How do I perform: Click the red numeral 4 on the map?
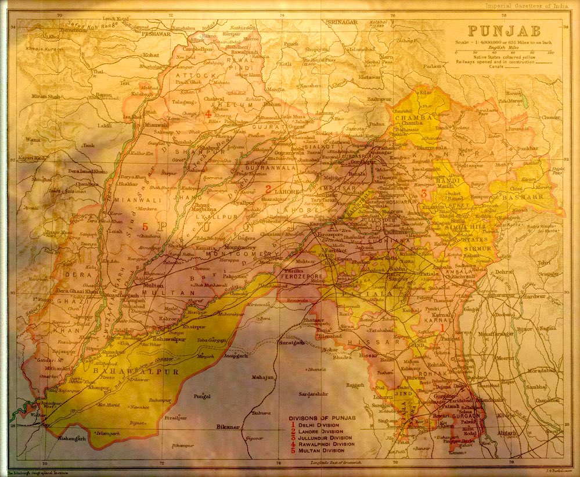point(207,114)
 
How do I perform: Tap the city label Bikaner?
point(228,427)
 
